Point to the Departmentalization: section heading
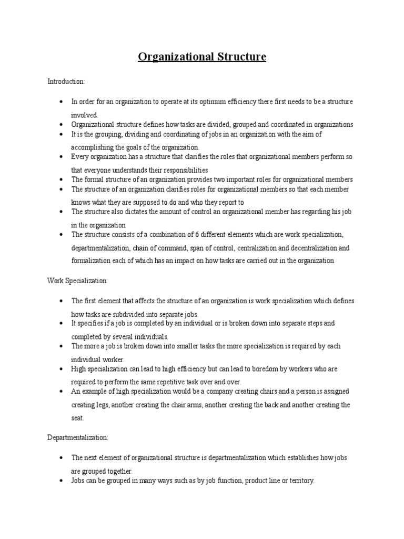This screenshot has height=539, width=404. point(77,437)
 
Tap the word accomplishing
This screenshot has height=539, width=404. point(93,147)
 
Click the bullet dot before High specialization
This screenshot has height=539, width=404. point(62,370)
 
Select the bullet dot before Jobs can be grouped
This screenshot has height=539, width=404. point(62,481)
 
